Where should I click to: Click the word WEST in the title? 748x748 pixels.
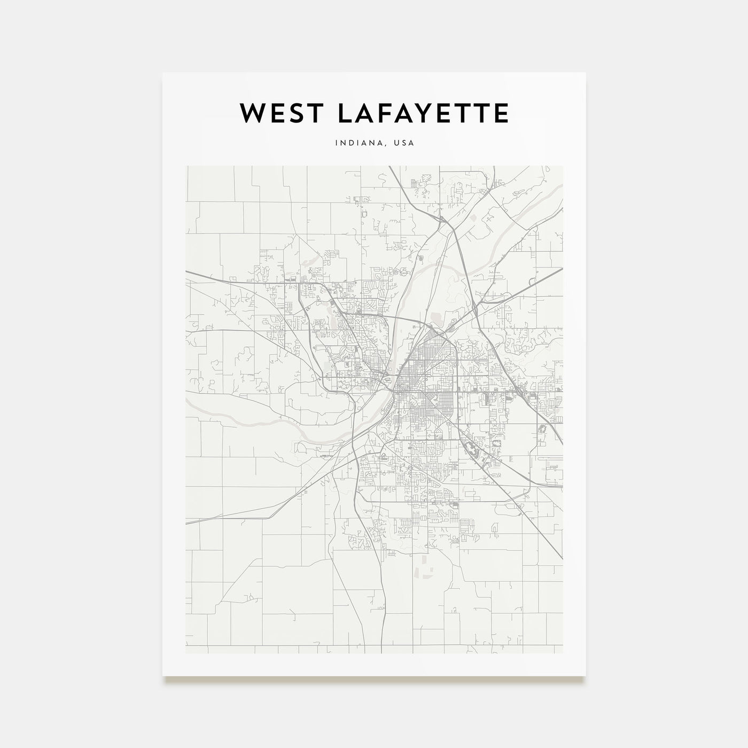[x=274, y=113]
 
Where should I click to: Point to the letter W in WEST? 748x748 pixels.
[x=251, y=113]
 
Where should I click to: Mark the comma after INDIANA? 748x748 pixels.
[x=387, y=145]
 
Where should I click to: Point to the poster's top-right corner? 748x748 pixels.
[x=586, y=73]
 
